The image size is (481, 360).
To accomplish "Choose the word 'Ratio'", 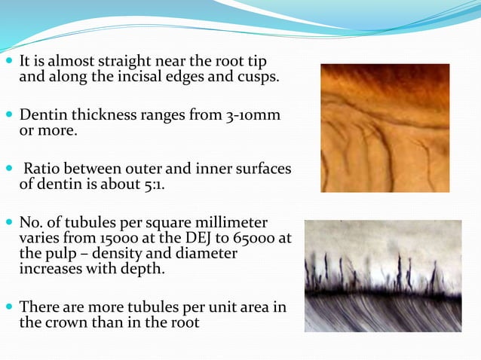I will pyautogui.click(x=46, y=169).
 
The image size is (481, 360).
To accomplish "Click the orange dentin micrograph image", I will pyautogui.click(x=384, y=127).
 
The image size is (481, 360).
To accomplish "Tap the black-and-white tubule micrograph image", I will pyautogui.click(x=383, y=276).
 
